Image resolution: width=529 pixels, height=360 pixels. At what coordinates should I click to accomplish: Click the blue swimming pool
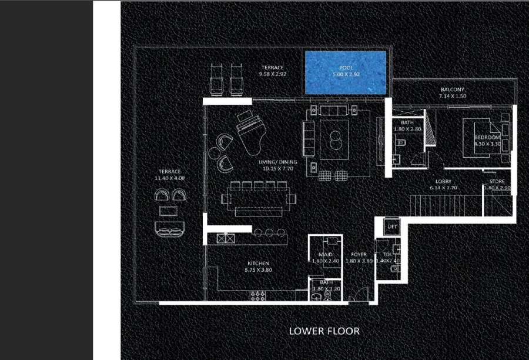click(346, 72)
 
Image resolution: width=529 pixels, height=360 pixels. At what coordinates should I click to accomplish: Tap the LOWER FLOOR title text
click(324, 331)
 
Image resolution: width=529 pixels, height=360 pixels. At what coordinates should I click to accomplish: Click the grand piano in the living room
click(247, 127)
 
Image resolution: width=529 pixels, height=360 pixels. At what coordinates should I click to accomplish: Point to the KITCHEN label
click(258, 263)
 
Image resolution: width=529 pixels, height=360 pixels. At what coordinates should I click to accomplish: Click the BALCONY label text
click(453, 89)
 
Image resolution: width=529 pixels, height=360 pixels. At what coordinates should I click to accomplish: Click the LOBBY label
click(443, 181)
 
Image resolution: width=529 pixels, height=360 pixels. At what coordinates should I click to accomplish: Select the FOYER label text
click(359, 254)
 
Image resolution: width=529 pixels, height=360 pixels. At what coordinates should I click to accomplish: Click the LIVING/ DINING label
click(277, 162)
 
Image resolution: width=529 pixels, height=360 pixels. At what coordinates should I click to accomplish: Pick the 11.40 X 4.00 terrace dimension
click(169, 178)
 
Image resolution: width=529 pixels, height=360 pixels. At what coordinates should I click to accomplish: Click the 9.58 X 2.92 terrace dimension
click(272, 75)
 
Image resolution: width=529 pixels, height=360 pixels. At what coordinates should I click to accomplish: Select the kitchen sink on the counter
click(225, 239)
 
